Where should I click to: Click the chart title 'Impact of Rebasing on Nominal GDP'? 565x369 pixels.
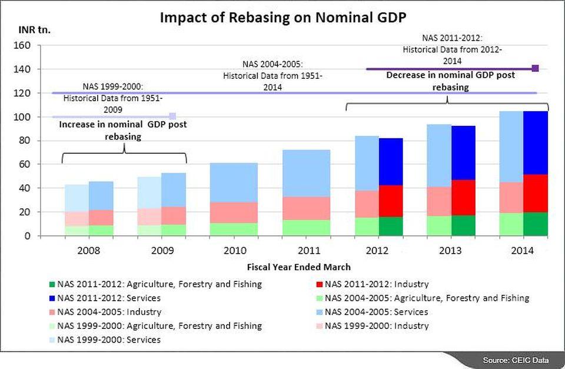283,18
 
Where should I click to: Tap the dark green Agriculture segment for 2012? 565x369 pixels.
391,226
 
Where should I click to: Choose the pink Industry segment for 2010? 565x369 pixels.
234,212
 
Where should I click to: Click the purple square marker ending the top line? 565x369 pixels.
536,69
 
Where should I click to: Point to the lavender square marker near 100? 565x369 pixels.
172,116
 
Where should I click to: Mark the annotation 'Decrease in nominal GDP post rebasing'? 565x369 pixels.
450,81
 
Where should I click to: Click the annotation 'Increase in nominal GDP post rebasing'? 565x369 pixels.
123,130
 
